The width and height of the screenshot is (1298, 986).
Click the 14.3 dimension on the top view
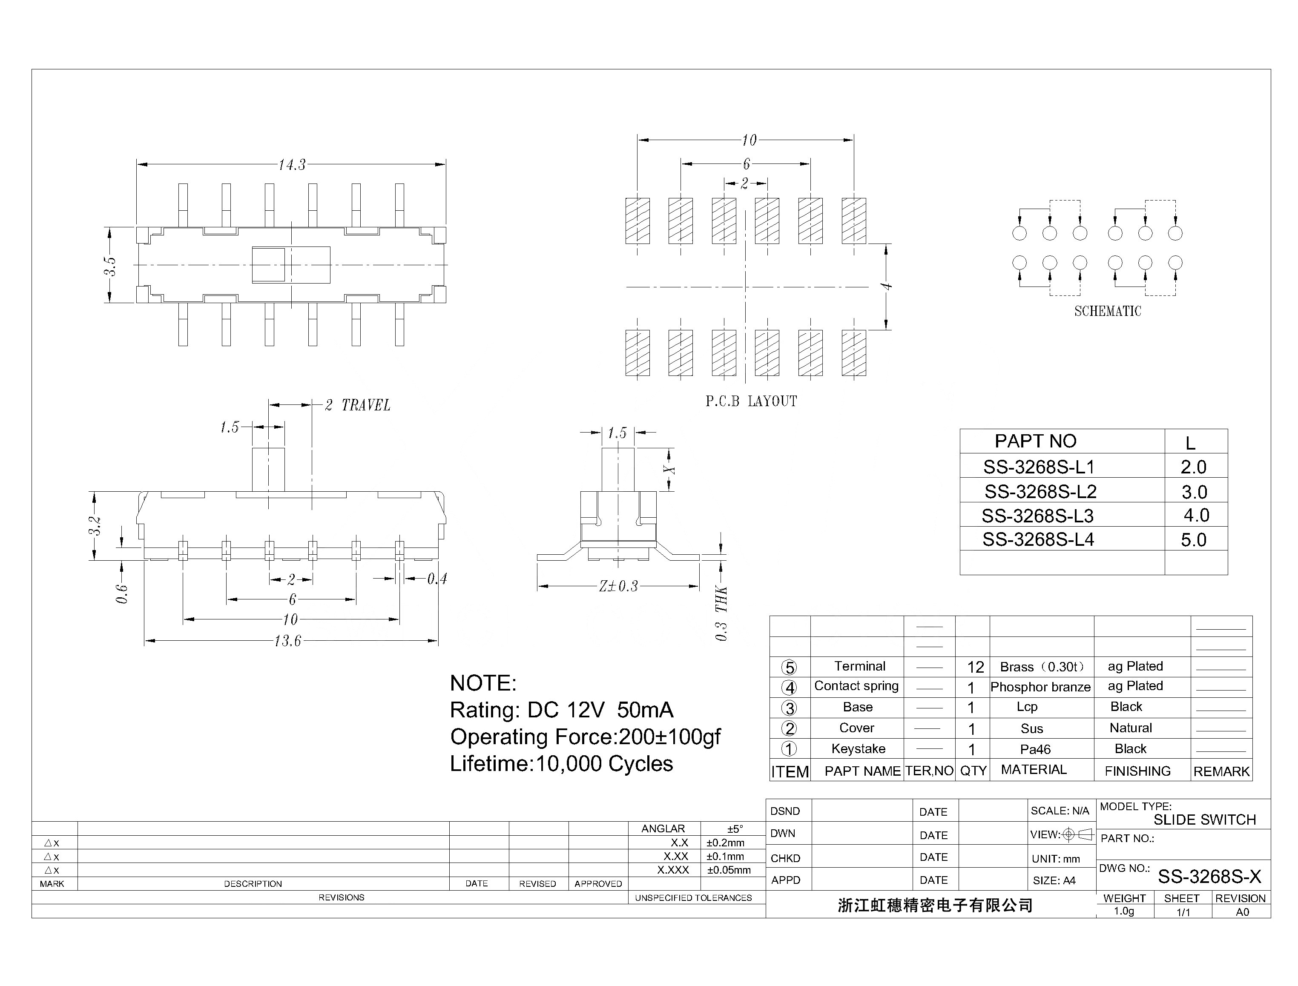coord(292,165)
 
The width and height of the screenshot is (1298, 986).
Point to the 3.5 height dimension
coord(110,265)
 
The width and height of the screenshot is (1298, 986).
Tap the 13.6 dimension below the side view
coord(287,641)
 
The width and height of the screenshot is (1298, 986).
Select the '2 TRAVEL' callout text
coord(358,405)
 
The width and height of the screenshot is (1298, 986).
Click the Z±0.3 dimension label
coord(618,586)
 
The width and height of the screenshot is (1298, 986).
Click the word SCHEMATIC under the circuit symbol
coord(1107,311)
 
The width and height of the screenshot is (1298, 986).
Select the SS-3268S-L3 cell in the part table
coord(1037,516)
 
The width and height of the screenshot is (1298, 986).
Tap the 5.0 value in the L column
coord(1194,540)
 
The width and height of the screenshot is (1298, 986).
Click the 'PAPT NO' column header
coord(1035,441)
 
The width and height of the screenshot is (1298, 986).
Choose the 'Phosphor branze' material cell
coord(1040,687)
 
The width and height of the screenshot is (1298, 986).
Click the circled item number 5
coord(789,667)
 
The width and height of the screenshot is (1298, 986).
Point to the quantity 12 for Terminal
coord(975,667)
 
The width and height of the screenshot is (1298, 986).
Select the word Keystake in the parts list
coord(858,749)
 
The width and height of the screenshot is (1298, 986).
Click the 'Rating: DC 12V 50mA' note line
coord(561,710)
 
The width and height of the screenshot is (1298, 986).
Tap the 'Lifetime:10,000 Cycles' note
coord(561,764)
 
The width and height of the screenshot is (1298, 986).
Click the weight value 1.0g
coord(1124,911)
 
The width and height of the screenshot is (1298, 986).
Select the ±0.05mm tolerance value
coord(729,870)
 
